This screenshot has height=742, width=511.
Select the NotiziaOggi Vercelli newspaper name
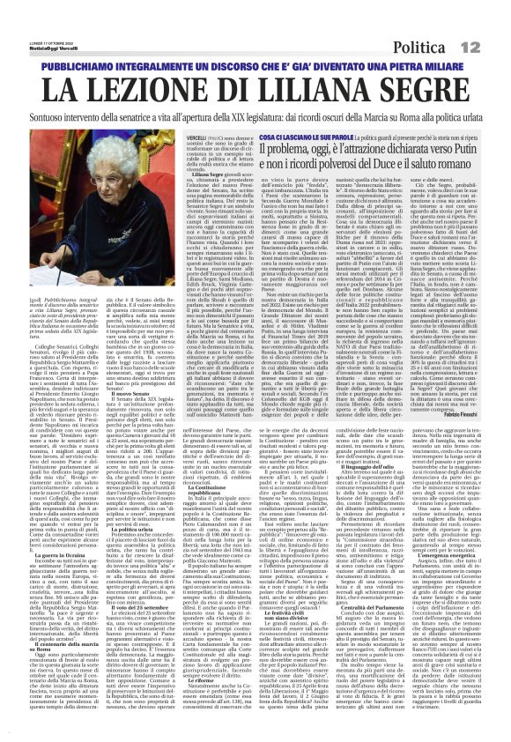point(34,21)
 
